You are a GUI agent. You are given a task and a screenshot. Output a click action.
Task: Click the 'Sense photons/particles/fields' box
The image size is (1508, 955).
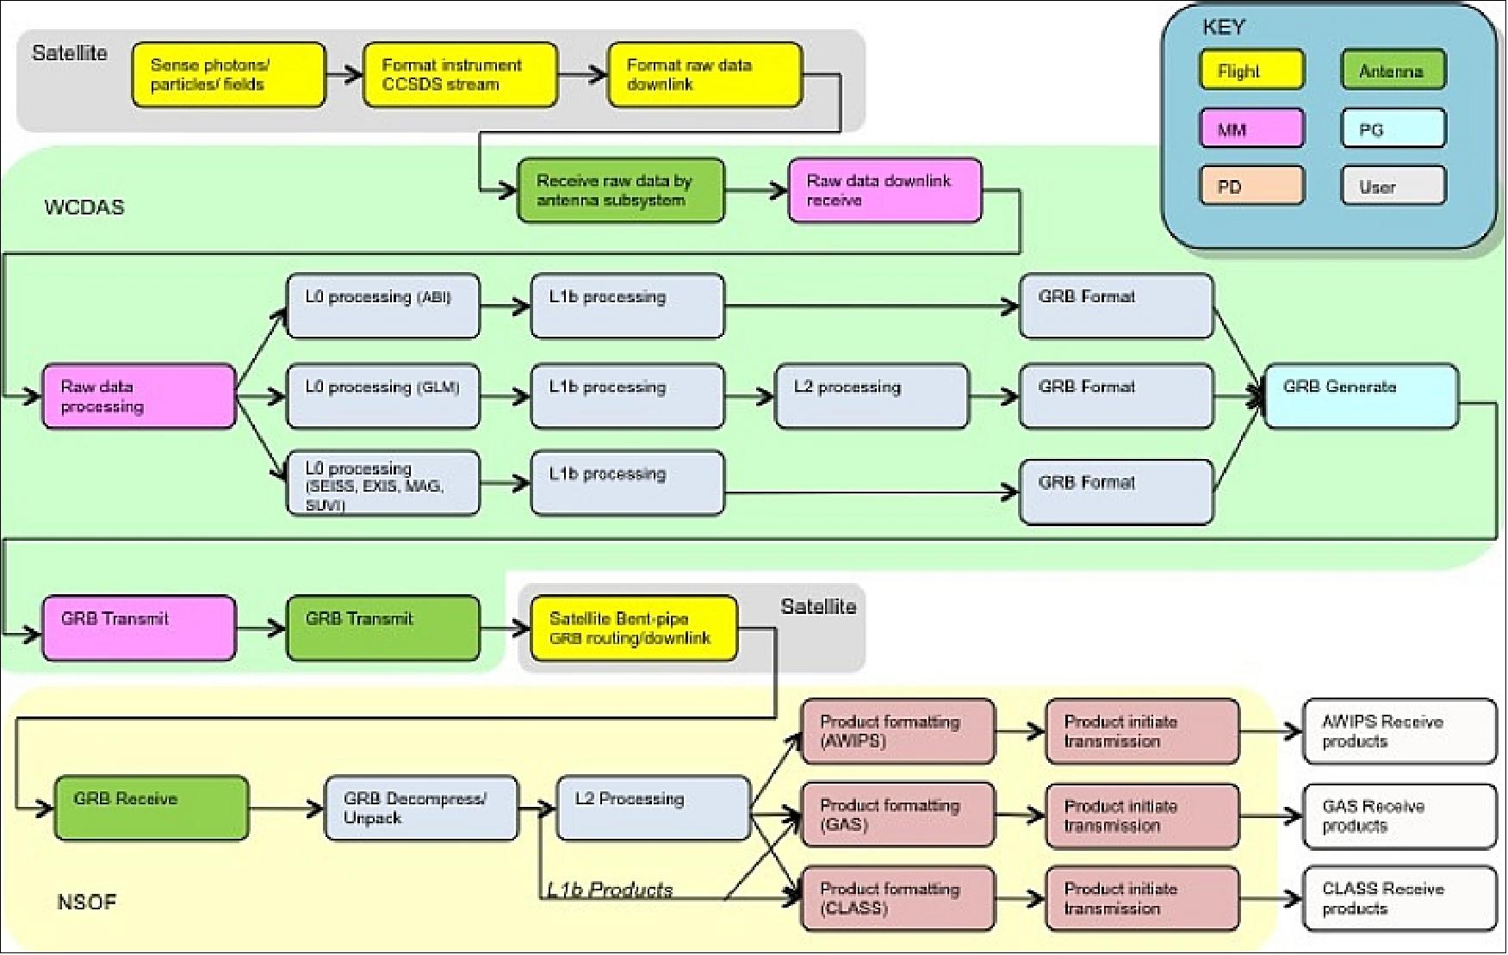click(228, 75)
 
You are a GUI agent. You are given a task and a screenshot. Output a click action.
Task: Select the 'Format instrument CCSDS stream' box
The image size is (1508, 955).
click(460, 75)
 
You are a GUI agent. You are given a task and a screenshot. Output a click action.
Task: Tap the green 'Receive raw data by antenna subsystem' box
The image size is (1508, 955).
click(620, 190)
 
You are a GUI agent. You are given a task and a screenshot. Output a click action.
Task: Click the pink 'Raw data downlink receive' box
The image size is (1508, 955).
click(884, 190)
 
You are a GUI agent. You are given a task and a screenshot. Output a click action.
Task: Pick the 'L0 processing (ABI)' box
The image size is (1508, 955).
click(382, 306)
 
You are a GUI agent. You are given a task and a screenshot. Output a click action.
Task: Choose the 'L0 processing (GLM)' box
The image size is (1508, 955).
click(382, 396)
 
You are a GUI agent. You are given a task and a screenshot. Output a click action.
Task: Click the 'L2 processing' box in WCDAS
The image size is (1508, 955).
click(872, 396)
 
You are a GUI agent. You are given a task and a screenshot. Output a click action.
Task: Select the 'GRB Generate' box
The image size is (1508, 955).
click(1361, 396)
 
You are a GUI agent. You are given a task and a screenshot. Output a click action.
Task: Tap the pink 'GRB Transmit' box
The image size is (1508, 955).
click(139, 629)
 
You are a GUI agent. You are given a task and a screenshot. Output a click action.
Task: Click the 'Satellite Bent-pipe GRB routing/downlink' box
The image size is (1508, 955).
click(634, 629)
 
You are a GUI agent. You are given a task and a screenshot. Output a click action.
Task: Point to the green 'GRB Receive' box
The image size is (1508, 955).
click(151, 808)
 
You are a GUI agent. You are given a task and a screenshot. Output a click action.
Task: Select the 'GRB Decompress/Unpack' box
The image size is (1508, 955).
click(421, 808)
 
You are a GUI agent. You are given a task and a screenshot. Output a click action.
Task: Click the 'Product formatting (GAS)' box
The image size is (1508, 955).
click(897, 815)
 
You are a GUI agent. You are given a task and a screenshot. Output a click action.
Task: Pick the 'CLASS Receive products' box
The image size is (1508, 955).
click(1399, 899)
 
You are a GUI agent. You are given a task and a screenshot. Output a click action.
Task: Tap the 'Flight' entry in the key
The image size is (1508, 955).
click(1251, 71)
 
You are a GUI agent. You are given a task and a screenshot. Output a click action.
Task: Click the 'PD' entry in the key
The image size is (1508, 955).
click(1251, 186)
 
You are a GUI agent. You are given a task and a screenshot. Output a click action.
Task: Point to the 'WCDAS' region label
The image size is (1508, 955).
click(84, 208)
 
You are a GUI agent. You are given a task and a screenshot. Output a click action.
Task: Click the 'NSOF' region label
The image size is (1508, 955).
click(86, 902)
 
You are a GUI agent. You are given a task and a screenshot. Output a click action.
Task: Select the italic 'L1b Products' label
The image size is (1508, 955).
click(610, 890)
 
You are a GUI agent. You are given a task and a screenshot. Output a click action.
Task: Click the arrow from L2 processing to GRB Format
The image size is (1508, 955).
click(994, 397)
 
